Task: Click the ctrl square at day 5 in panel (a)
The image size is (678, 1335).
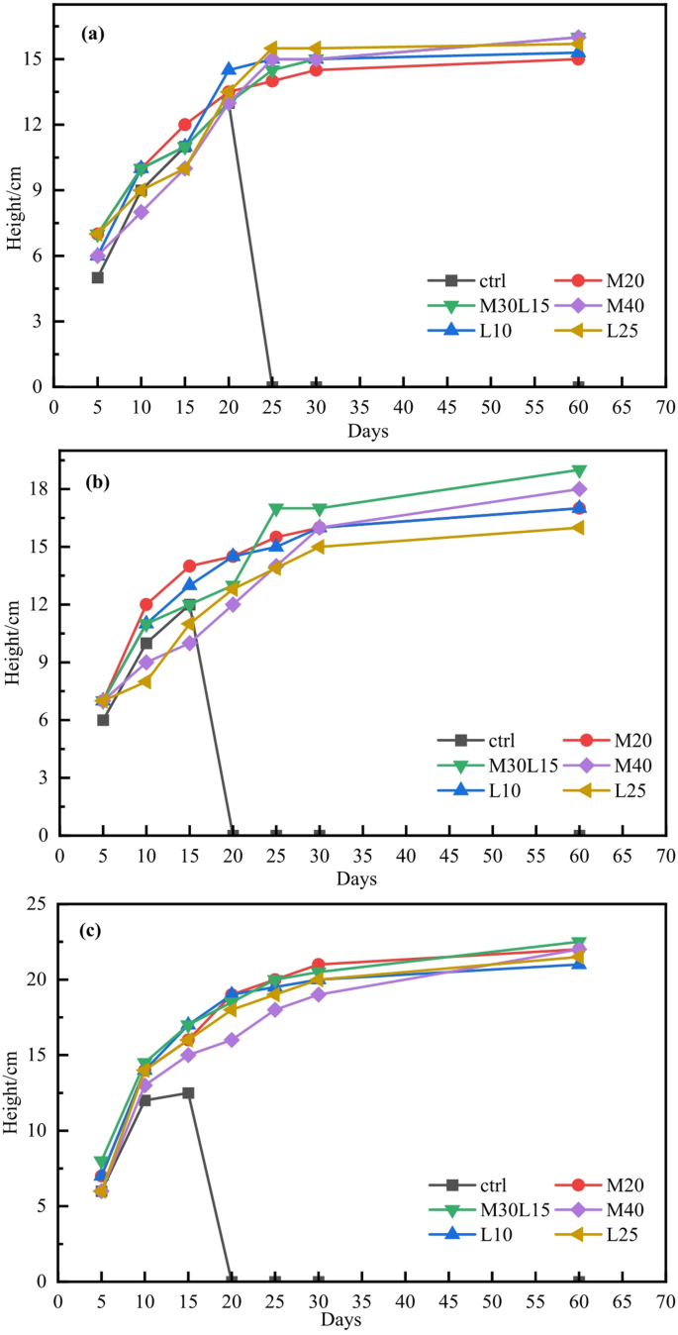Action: [98, 277]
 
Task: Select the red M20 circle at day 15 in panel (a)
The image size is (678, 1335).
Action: [185, 125]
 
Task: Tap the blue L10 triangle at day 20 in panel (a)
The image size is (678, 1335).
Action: [229, 69]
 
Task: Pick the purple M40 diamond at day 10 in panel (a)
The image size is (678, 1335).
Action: [142, 212]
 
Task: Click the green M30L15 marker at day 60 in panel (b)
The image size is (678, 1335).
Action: [579, 470]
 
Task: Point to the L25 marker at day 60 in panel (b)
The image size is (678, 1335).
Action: [578, 528]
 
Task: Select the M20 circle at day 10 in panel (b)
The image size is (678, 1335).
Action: [146, 604]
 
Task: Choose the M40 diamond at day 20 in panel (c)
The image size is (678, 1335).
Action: [232, 1040]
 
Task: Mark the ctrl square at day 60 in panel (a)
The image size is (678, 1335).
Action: [579, 385]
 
